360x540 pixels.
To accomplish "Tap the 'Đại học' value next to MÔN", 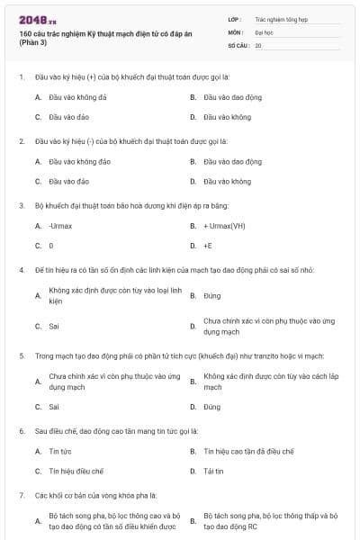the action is pyautogui.click(x=264, y=31).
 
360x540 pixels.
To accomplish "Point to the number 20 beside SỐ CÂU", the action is pyautogui.click(x=258, y=44).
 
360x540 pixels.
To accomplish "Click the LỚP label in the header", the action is pyautogui.click(x=236, y=18).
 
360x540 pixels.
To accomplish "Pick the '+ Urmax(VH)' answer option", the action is pyautogui.click(x=224, y=225).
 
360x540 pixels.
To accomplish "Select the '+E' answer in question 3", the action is pyautogui.click(x=208, y=245).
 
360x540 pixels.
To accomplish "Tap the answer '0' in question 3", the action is pyautogui.click(x=51, y=245).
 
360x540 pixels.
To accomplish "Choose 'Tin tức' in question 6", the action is pyautogui.click(x=60, y=451).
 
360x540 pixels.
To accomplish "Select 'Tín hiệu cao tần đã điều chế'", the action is pyautogui.click(x=248, y=451).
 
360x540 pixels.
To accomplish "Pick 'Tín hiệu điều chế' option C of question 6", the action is pyautogui.click(x=76, y=471).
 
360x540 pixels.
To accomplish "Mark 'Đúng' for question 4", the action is pyautogui.click(x=212, y=295).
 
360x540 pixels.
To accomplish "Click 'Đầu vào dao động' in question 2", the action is pyautogui.click(x=232, y=161).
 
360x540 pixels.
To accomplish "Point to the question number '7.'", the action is pyautogui.click(x=22, y=495).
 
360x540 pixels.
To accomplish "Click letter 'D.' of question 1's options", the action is pyautogui.click(x=193, y=117).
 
